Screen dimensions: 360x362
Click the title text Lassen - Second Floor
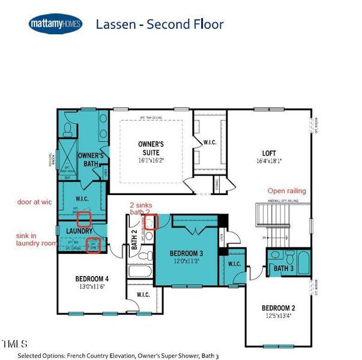coord(160,24)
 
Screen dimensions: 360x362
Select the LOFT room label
coord(268,152)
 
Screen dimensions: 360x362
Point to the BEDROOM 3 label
coord(186,253)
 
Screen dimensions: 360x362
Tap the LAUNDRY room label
coord(79,231)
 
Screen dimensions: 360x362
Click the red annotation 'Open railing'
coord(286,191)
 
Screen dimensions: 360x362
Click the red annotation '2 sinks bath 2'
coord(144,208)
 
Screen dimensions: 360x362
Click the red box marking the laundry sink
coord(93,245)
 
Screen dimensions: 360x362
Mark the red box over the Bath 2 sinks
coord(152,222)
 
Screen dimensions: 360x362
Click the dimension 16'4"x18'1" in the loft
coord(268,161)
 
